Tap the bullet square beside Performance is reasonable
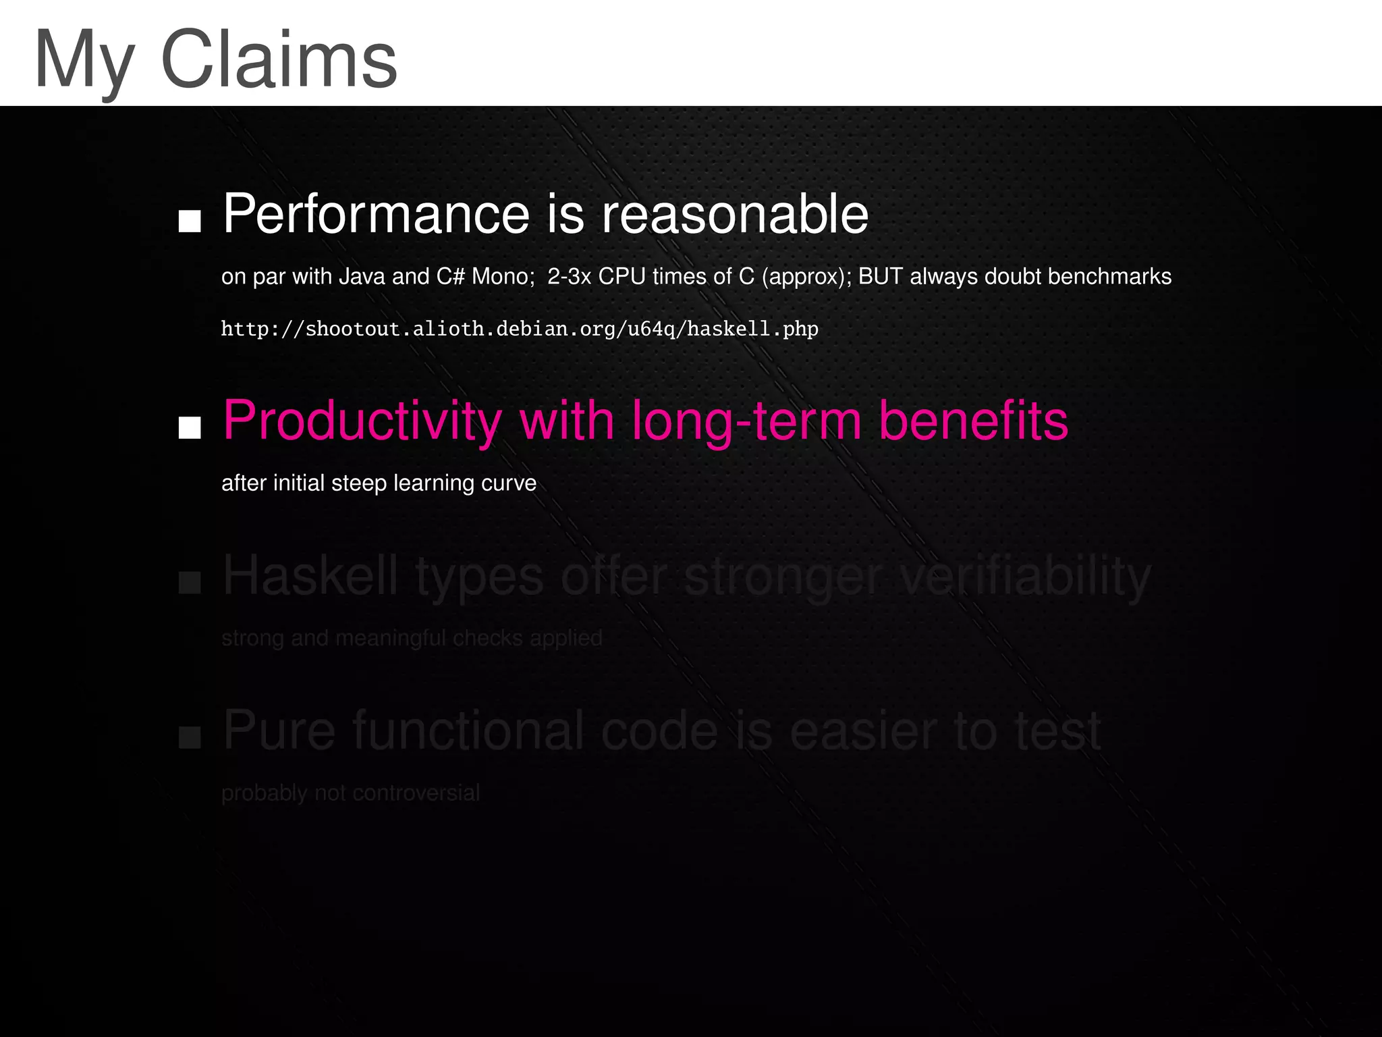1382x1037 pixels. coord(190,220)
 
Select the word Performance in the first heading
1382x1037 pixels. coord(376,214)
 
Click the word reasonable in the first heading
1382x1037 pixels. coord(735,214)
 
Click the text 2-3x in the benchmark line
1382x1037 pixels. coord(569,276)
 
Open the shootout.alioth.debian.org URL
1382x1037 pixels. coord(520,329)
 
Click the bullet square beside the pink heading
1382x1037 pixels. coord(190,427)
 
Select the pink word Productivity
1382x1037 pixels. coord(362,421)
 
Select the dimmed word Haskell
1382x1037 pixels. coord(310,576)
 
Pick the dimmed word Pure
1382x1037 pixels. coord(279,730)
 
